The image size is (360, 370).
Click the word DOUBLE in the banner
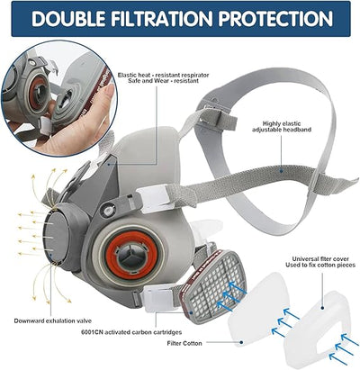(x=68, y=19)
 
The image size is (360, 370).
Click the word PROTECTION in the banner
(x=275, y=19)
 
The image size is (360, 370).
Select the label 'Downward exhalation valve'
(x=53, y=320)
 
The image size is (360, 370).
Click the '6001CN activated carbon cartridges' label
(x=131, y=332)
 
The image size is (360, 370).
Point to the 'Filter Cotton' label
(x=184, y=343)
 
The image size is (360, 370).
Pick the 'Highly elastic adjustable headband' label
(x=282, y=126)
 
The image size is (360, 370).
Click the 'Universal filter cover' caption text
(x=320, y=258)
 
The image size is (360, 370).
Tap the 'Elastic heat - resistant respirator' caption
(x=163, y=75)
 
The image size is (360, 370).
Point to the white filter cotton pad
(x=258, y=309)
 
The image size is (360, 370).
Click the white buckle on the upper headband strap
(x=153, y=198)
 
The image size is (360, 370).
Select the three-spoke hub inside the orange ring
(x=131, y=255)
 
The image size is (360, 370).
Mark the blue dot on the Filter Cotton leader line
(x=241, y=342)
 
